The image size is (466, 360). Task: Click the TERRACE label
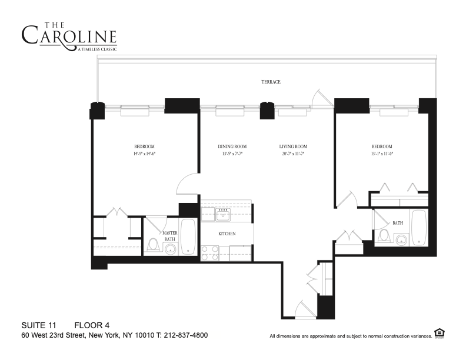(x=271, y=82)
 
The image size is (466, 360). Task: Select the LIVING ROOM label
(x=293, y=146)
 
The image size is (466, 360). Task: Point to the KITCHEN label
(x=227, y=234)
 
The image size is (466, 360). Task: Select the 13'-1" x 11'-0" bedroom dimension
(x=381, y=153)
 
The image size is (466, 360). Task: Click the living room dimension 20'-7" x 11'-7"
(x=293, y=153)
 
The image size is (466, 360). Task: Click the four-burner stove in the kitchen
(x=210, y=253)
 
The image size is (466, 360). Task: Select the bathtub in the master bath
(x=188, y=237)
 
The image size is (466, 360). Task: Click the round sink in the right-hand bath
(x=402, y=239)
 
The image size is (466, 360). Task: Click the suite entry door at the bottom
(x=305, y=310)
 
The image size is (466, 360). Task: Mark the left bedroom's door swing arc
(x=187, y=184)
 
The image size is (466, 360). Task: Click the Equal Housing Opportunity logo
(x=438, y=333)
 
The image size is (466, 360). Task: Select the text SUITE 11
(x=40, y=325)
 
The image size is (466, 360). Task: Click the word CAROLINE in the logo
(x=69, y=36)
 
